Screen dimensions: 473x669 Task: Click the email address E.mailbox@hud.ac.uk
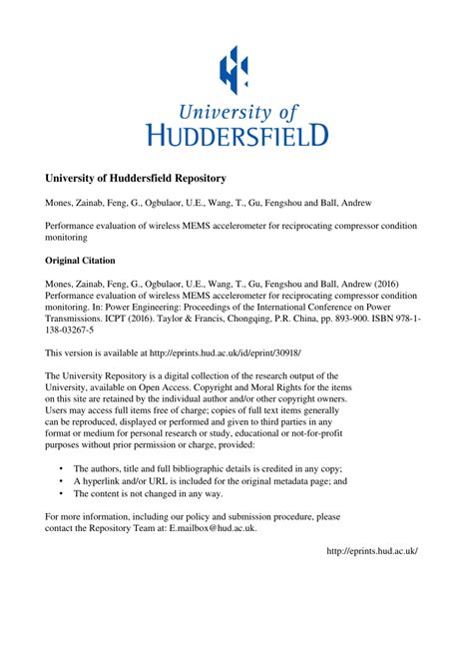pos(212,528)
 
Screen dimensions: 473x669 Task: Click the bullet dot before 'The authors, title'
pos(62,467)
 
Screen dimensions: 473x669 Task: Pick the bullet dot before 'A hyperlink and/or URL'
pos(62,480)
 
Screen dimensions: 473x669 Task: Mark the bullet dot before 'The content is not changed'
pos(62,493)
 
